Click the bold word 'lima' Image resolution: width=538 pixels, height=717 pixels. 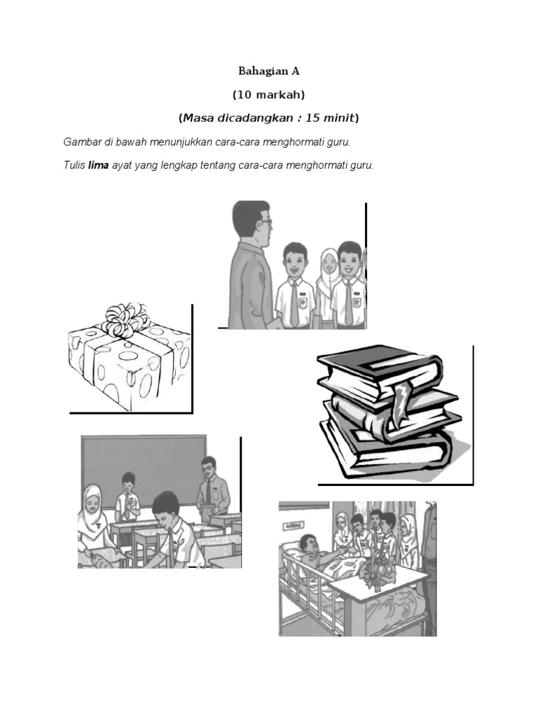[98, 165]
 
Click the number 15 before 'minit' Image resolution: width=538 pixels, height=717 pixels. [312, 118]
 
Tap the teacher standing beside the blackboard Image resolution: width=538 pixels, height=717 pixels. [213, 489]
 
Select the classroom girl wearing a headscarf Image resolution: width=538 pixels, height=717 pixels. [95, 521]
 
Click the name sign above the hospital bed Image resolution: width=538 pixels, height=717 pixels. [294, 525]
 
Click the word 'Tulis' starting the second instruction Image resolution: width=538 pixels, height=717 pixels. [74, 165]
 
